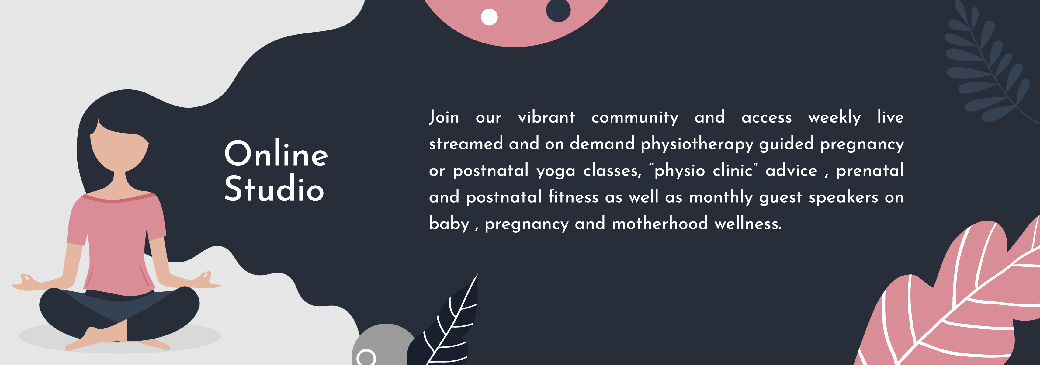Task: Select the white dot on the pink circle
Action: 489,17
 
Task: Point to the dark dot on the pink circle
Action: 558,10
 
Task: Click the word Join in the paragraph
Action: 444,117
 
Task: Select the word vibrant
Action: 546,117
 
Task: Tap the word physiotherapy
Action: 697,144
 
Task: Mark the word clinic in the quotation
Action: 732,170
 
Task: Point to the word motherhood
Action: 660,223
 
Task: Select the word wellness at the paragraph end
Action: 748,223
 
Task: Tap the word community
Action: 635,117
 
